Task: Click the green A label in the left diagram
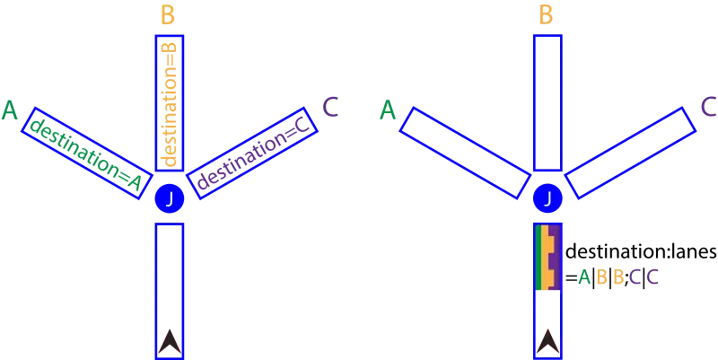point(10,110)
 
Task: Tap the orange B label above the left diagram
point(169,15)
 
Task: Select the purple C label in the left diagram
point(333,108)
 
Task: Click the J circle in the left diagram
point(169,198)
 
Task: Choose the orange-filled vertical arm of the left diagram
point(169,103)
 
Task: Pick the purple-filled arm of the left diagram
point(254,153)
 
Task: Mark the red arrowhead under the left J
point(169,341)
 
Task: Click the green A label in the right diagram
point(387,110)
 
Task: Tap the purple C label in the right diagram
point(708,108)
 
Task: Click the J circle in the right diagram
point(547,198)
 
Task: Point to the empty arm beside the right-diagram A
point(464,153)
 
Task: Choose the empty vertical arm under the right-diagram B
point(547,102)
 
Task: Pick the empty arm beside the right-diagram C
point(631,153)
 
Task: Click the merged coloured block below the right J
point(548,259)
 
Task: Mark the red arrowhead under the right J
point(547,341)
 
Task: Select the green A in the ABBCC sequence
point(583,277)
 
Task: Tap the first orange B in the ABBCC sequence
point(602,277)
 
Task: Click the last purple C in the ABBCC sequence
point(652,277)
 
